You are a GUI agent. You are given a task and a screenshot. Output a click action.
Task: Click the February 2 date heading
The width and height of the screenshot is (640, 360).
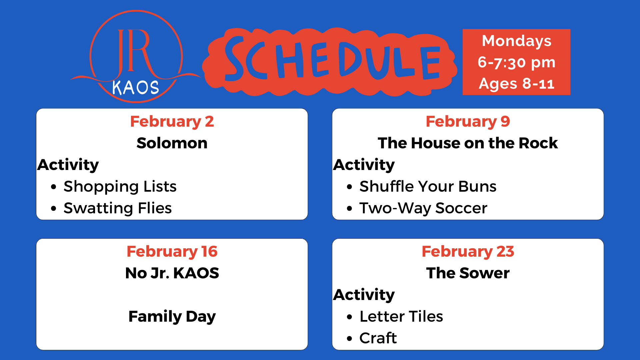pyautogui.click(x=172, y=122)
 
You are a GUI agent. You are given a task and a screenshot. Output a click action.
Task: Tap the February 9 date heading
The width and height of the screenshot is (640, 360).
pyautogui.click(x=468, y=122)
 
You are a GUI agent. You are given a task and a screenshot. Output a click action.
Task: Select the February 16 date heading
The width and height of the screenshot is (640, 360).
pyautogui.click(x=172, y=252)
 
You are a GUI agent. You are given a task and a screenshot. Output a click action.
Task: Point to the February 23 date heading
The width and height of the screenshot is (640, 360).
pyautogui.click(x=468, y=252)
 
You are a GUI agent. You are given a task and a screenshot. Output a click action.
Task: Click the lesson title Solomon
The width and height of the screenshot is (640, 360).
pyautogui.click(x=172, y=143)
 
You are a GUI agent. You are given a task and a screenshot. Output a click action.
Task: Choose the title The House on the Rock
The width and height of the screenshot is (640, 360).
pyautogui.click(x=468, y=143)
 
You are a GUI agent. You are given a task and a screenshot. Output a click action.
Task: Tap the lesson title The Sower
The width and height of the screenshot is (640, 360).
pyautogui.click(x=468, y=273)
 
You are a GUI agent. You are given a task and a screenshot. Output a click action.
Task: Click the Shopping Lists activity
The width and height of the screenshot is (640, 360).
pyautogui.click(x=120, y=187)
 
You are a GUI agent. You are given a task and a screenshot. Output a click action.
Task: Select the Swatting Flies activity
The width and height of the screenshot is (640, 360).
pyautogui.click(x=118, y=208)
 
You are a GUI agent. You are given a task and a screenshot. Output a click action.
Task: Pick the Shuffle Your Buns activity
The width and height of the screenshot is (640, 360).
pyautogui.click(x=428, y=186)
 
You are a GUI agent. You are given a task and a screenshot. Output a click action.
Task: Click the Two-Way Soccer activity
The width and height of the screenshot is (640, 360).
pyautogui.click(x=423, y=208)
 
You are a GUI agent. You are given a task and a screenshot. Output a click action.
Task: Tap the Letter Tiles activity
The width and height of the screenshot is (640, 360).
pyautogui.click(x=401, y=316)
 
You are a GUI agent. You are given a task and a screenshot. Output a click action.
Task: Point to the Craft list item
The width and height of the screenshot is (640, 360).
pyautogui.click(x=378, y=338)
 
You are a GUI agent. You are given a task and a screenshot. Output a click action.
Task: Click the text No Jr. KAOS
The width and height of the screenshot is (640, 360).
pyautogui.click(x=172, y=273)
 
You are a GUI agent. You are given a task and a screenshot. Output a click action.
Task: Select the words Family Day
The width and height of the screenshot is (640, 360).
pyautogui.click(x=172, y=317)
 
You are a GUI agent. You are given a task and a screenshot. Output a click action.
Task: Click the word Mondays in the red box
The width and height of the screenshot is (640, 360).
pyautogui.click(x=516, y=41)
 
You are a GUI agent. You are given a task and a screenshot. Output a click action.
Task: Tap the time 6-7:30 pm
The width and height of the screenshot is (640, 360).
pyautogui.click(x=516, y=63)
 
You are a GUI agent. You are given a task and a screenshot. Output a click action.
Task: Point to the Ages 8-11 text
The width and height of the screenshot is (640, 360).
pyautogui.click(x=516, y=84)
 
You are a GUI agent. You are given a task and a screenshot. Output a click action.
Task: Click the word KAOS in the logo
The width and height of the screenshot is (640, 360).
pyautogui.click(x=135, y=88)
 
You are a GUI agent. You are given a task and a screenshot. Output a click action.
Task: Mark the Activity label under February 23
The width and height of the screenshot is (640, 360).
pyautogui.click(x=364, y=295)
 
